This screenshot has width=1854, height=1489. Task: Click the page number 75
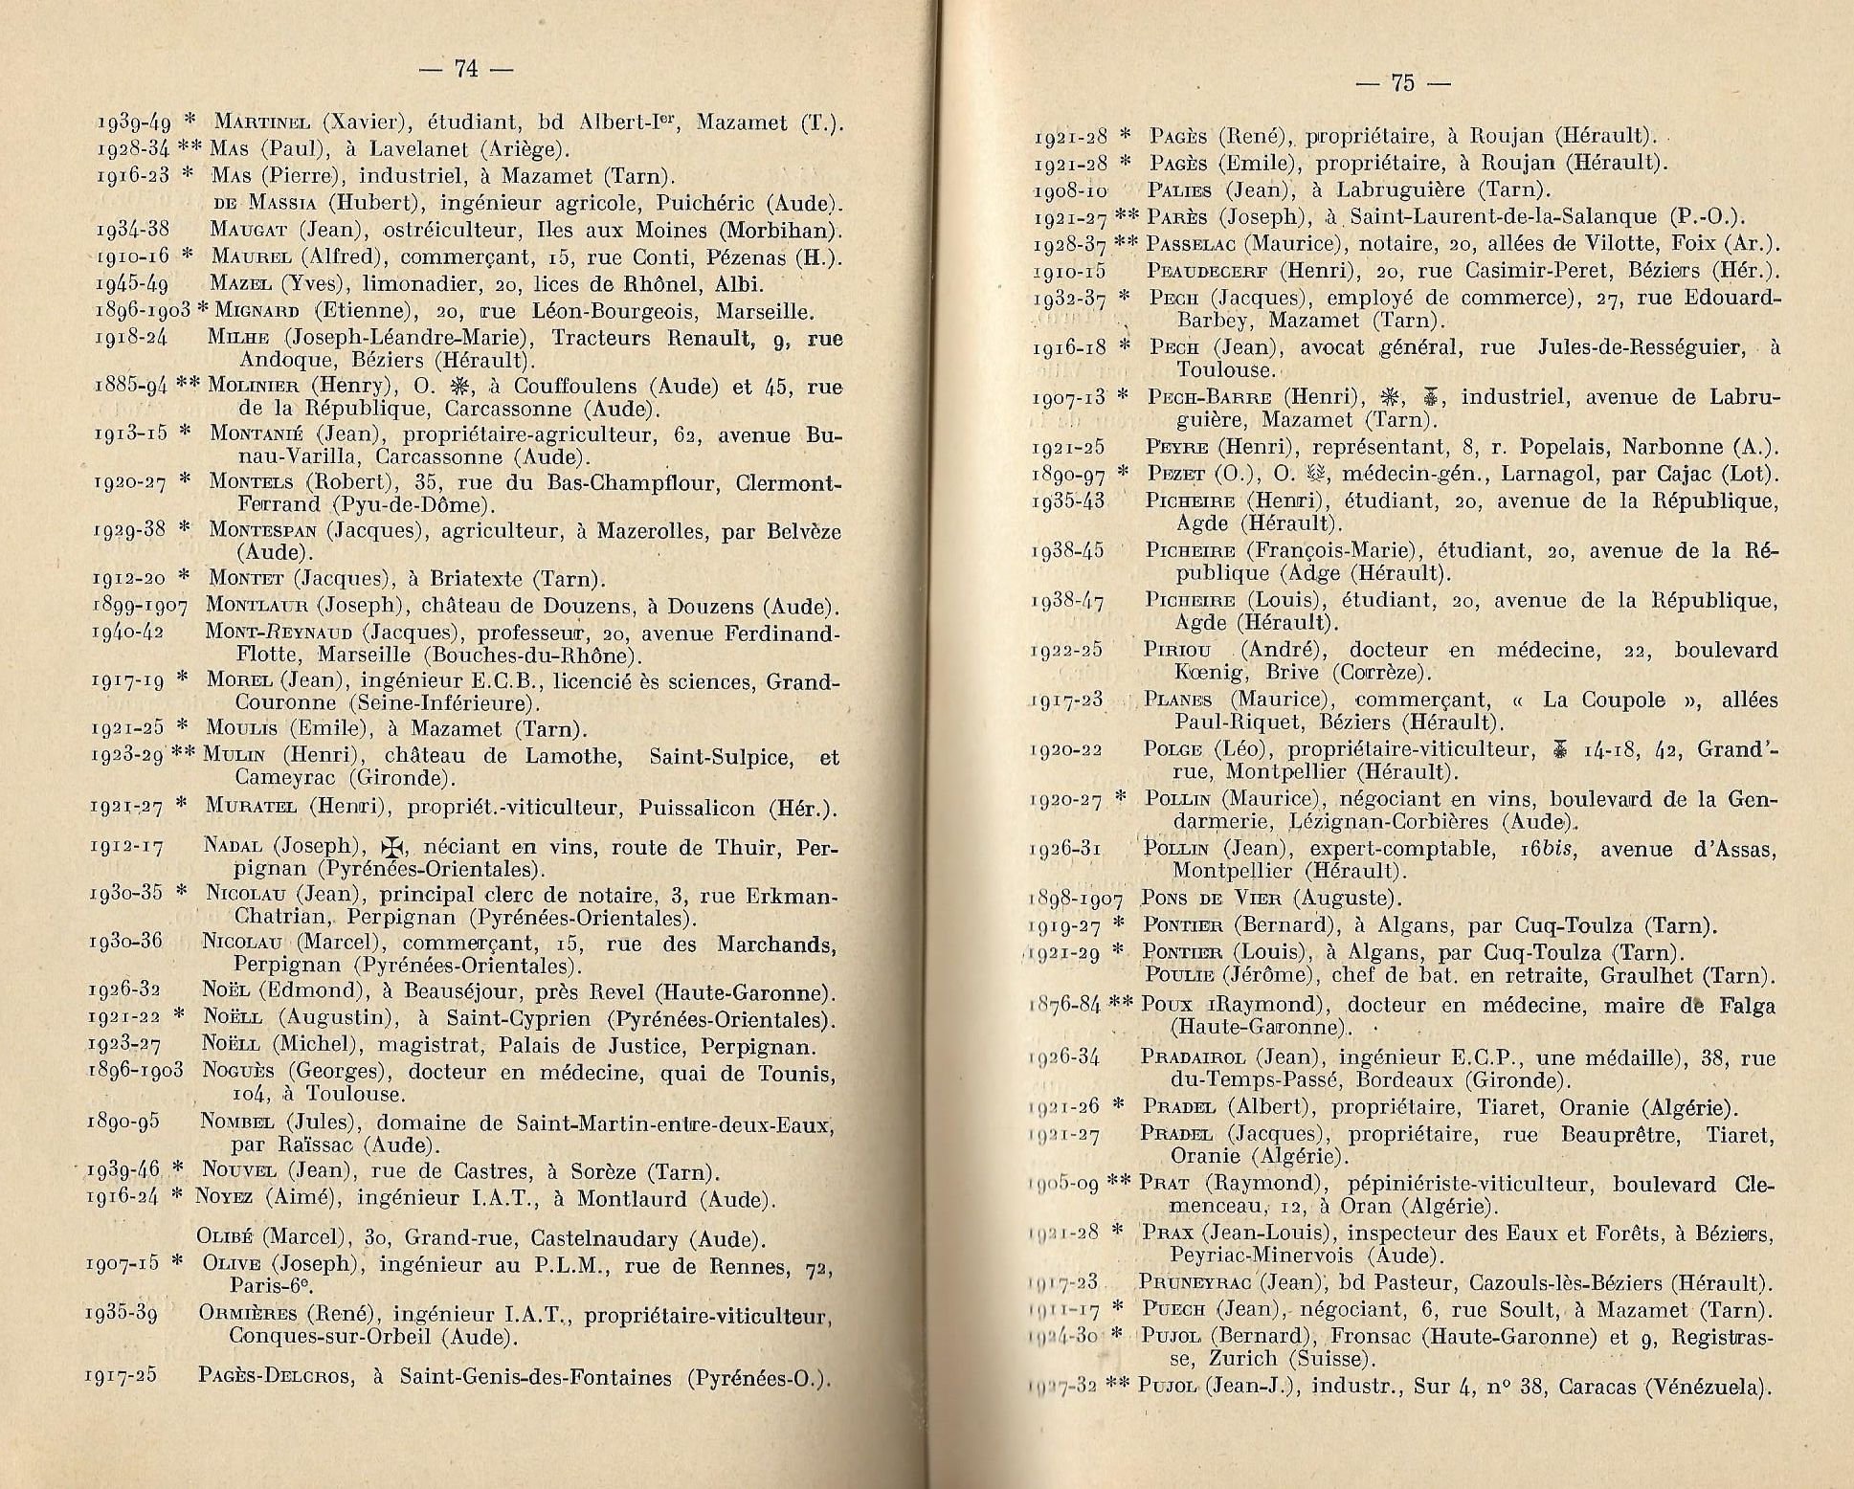tap(1403, 83)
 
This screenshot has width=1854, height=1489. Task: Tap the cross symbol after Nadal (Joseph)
tap(388, 847)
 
